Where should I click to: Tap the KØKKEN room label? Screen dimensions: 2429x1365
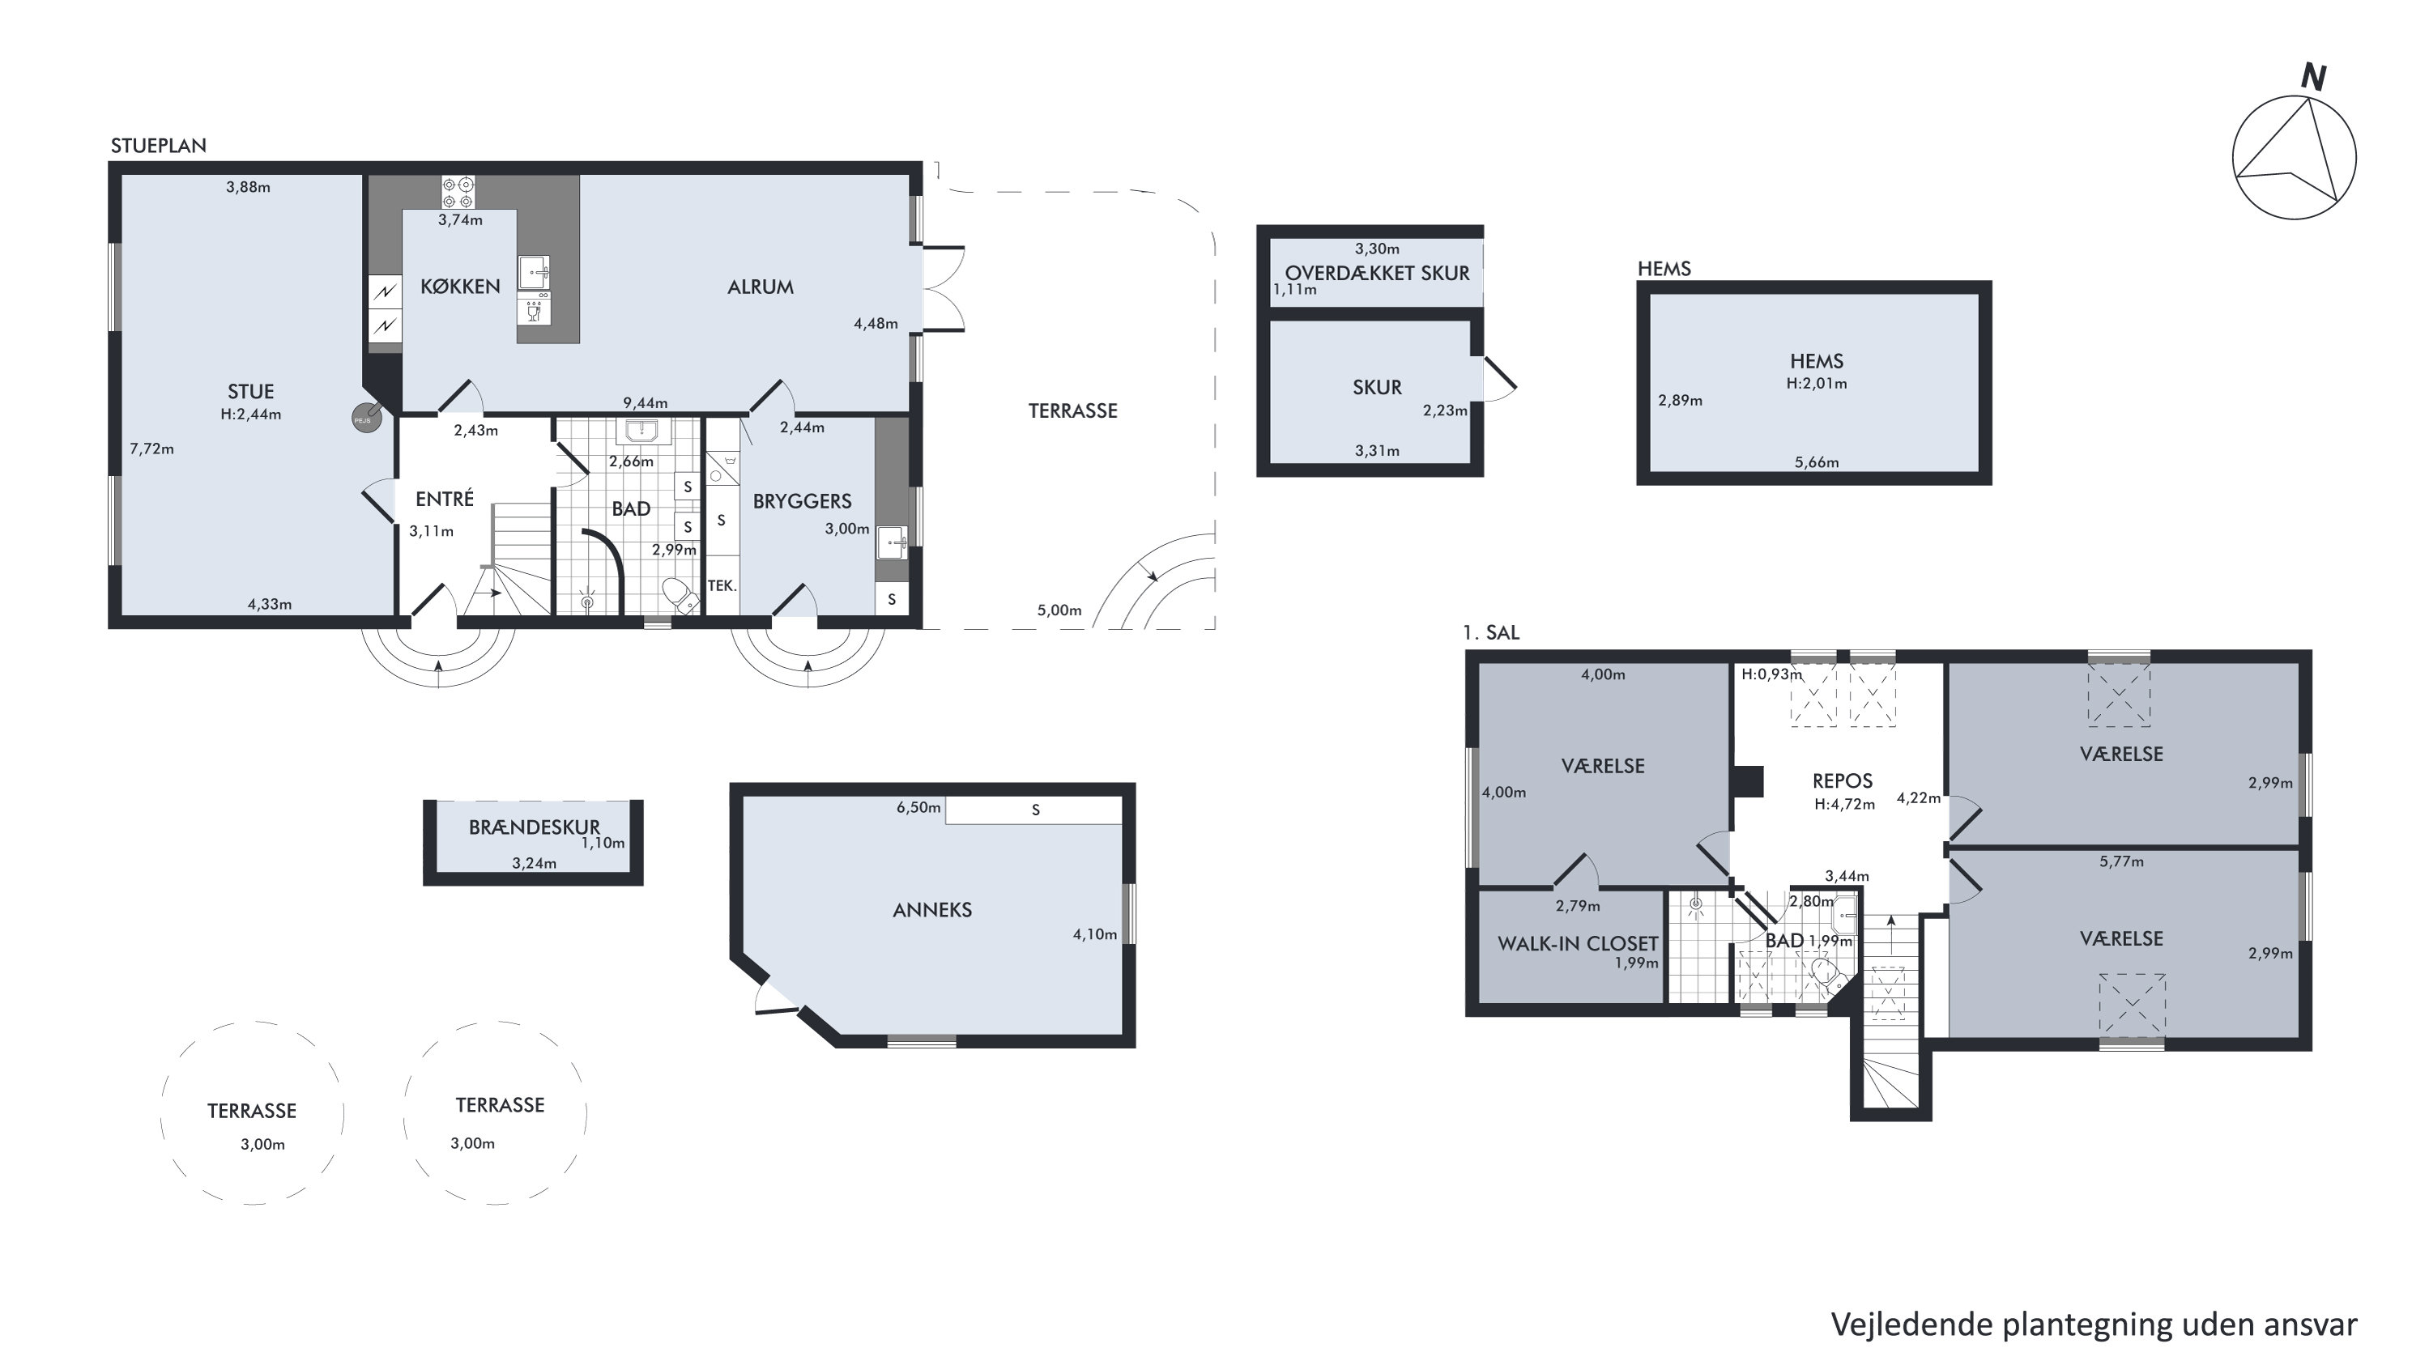[460, 287]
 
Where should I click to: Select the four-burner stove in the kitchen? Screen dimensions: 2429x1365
[458, 193]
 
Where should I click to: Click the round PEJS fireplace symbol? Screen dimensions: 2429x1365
[366, 418]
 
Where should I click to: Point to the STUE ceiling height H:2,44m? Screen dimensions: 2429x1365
[251, 414]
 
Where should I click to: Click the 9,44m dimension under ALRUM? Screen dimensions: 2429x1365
[645, 403]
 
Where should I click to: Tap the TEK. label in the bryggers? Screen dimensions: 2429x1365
[722, 585]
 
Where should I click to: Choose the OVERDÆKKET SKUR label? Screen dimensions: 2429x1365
[1377, 274]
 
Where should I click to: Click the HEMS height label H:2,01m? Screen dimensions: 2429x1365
[1816, 384]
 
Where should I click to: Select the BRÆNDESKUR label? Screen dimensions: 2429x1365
[534, 827]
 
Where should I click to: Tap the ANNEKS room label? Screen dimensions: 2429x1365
[931, 910]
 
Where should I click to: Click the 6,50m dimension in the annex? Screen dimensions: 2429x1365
[918, 808]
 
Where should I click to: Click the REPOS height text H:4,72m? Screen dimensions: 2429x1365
[1844, 805]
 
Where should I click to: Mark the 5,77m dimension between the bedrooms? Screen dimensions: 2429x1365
[2121, 861]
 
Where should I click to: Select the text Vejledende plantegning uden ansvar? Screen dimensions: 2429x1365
[2094, 1325]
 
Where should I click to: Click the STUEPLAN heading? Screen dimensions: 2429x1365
[159, 146]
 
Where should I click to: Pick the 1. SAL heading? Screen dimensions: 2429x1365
[1491, 632]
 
